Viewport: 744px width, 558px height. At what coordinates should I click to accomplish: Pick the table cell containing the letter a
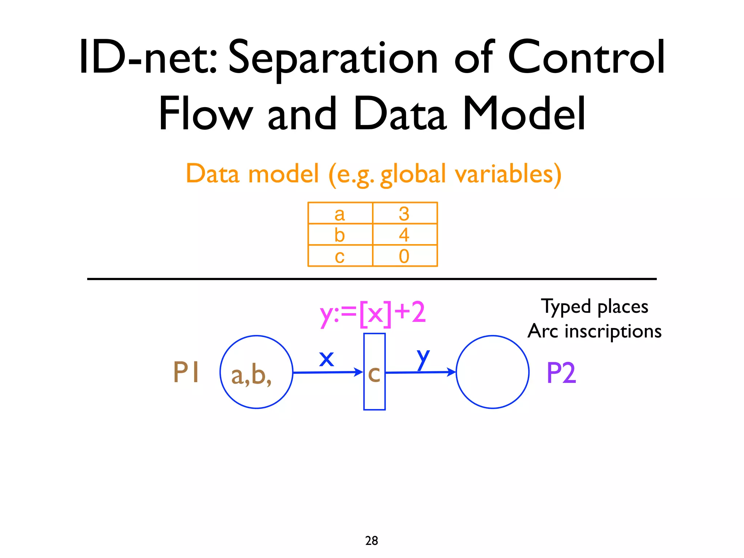click(x=340, y=213)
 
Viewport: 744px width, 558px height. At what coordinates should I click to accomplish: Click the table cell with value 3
click(x=404, y=213)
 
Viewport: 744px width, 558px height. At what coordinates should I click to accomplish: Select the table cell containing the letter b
click(x=340, y=235)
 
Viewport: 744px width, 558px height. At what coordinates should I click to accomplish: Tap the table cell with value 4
click(x=404, y=235)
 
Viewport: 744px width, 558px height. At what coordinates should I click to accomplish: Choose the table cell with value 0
click(x=404, y=256)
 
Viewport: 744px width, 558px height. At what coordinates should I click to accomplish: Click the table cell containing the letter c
click(x=340, y=256)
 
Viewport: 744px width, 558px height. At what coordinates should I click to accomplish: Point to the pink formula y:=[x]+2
click(x=372, y=313)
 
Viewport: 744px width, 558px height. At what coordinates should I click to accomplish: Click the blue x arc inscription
click(x=326, y=359)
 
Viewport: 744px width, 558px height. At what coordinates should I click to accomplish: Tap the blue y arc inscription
click(x=423, y=358)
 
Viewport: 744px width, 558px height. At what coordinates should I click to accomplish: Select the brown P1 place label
click(x=186, y=372)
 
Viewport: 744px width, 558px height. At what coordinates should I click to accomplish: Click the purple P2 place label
click(x=561, y=373)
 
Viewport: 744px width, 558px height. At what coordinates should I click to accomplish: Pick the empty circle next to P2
click(x=492, y=372)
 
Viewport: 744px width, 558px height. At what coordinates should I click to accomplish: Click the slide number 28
click(x=372, y=541)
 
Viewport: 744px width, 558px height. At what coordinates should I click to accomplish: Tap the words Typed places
click(x=594, y=306)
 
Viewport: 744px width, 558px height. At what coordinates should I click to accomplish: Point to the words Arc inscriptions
click(x=594, y=331)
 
